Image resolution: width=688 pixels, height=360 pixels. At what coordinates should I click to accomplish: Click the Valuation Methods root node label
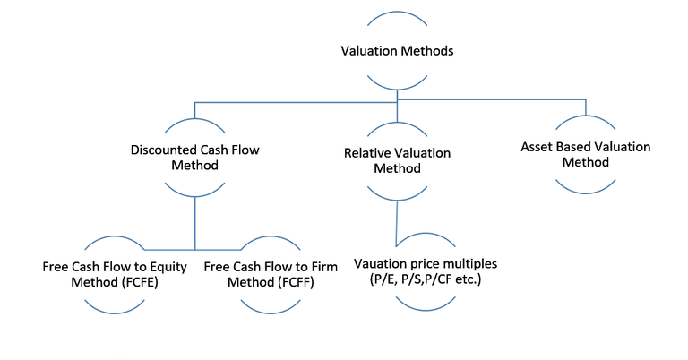397,51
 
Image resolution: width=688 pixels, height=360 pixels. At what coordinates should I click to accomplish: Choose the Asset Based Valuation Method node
586,154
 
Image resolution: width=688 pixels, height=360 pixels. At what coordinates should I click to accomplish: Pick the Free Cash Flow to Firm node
273,274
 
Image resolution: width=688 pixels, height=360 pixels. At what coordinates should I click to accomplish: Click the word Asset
538,146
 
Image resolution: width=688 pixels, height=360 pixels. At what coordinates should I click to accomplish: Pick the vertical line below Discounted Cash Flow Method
195,224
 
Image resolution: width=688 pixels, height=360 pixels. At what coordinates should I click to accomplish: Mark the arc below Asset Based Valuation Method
586,186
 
